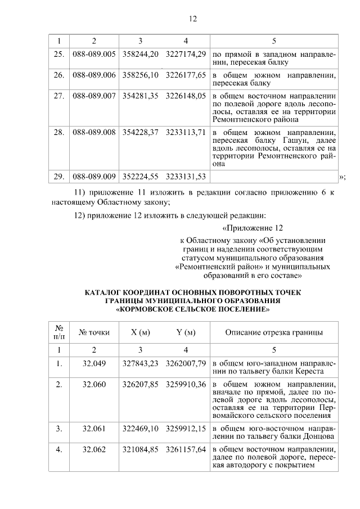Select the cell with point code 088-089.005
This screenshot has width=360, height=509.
click(94, 53)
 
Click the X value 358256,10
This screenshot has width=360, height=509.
click(140, 74)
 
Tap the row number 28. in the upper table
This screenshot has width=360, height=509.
click(58, 132)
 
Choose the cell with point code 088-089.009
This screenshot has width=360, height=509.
click(94, 176)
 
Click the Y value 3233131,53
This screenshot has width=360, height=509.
click(186, 176)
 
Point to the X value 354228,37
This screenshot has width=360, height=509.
click(140, 132)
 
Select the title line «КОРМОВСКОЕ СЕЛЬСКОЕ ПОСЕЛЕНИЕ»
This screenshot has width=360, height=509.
click(192, 309)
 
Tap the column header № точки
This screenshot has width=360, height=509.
click(94, 332)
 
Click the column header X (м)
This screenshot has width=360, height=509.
click(140, 332)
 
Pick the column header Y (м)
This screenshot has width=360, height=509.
click(186, 332)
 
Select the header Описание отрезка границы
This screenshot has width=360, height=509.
click(274, 332)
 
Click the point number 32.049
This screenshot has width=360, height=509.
click(94, 363)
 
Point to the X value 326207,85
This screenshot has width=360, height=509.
click(140, 384)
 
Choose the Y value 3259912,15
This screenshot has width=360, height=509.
click(186, 429)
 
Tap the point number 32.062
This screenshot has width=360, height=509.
click(94, 449)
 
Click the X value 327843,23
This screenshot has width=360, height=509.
click(140, 363)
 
